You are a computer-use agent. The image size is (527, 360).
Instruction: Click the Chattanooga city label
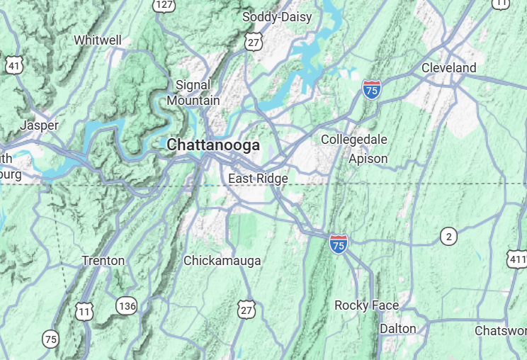[x=213, y=145]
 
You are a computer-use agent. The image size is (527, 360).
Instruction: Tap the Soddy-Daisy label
[x=276, y=17]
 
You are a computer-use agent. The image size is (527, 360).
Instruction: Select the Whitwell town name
[x=98, y=40]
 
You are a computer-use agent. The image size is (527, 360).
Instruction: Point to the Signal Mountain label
[x=193, y=93]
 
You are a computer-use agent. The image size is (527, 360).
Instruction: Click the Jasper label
[x=40, y=125]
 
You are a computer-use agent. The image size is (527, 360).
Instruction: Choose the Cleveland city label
[x=448, y=68]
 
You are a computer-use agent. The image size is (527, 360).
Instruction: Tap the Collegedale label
[x=354, y=140]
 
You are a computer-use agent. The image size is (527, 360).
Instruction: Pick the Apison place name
[x=368, y=159]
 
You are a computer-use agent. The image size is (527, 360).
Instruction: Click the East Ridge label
[x=258, y=179]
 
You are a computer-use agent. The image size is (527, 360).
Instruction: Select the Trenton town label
[x=103, y=261]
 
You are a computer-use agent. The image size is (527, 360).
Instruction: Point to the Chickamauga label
[x=222, y=261]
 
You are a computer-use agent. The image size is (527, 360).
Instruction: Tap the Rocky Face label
[x=366, y=305]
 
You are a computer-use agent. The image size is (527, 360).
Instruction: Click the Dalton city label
[x=397, y=328]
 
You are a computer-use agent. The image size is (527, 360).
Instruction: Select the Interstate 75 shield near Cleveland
[x=371, y=89]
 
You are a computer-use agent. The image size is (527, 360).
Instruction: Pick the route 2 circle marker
[x=448, y=236]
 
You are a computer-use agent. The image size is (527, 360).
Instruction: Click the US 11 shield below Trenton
[x=84, y=310]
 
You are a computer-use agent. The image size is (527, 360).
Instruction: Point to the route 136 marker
[x=126, y=305]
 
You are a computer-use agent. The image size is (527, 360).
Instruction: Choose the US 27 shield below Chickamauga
[x=246, y=310]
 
